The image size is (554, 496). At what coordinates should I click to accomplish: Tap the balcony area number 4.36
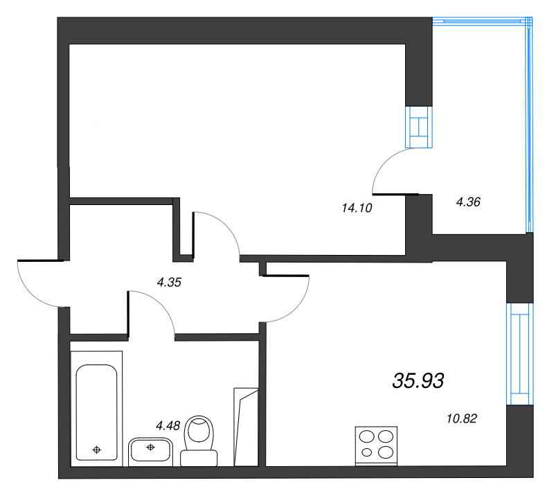468,202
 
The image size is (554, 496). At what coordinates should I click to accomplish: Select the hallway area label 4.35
170,282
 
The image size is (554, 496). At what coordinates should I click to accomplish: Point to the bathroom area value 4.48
169,426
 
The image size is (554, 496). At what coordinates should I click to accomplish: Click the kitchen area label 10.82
463,418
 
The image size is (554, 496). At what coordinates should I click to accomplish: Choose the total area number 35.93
418,380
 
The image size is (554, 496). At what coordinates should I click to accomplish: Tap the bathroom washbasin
150,451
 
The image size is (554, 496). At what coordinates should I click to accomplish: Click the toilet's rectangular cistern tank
199,457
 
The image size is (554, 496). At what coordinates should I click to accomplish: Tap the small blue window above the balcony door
419,127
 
